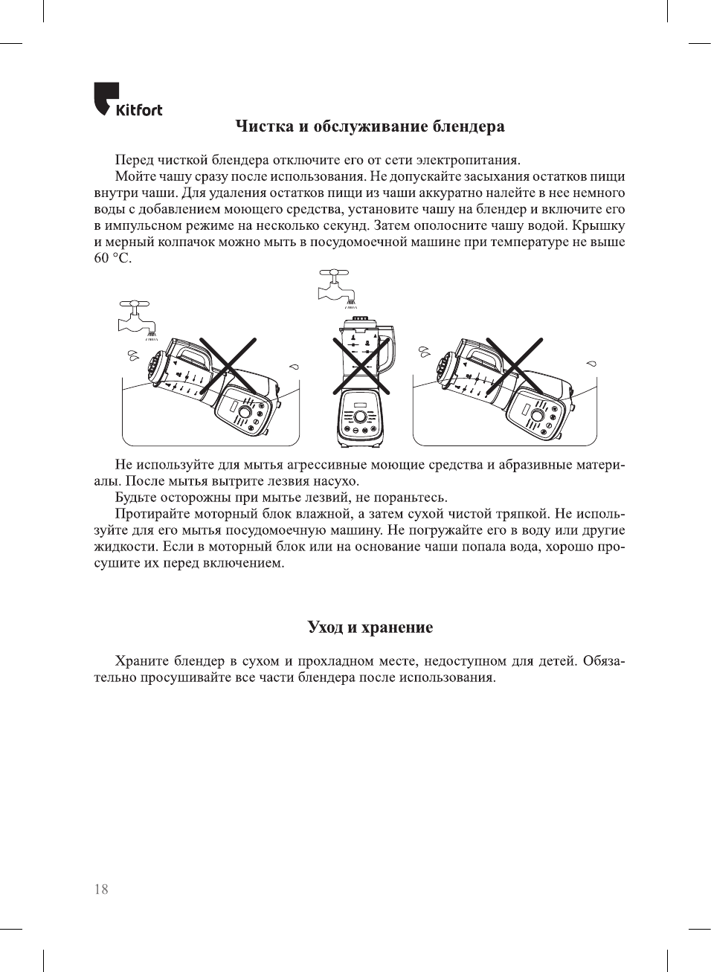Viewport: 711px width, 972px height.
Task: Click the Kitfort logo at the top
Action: pos(127,100)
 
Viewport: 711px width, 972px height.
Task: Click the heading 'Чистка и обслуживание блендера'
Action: pos(370,126)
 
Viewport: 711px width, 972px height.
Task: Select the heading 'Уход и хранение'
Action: pos(370,627)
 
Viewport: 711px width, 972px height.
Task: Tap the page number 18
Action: pos(101,889)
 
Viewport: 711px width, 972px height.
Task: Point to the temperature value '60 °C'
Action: pos(112,258)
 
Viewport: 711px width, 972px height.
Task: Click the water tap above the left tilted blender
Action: pos(136,316)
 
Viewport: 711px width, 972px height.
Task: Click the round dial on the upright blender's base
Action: pos(360,416)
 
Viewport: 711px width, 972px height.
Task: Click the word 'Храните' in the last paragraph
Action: pos(141,661)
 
